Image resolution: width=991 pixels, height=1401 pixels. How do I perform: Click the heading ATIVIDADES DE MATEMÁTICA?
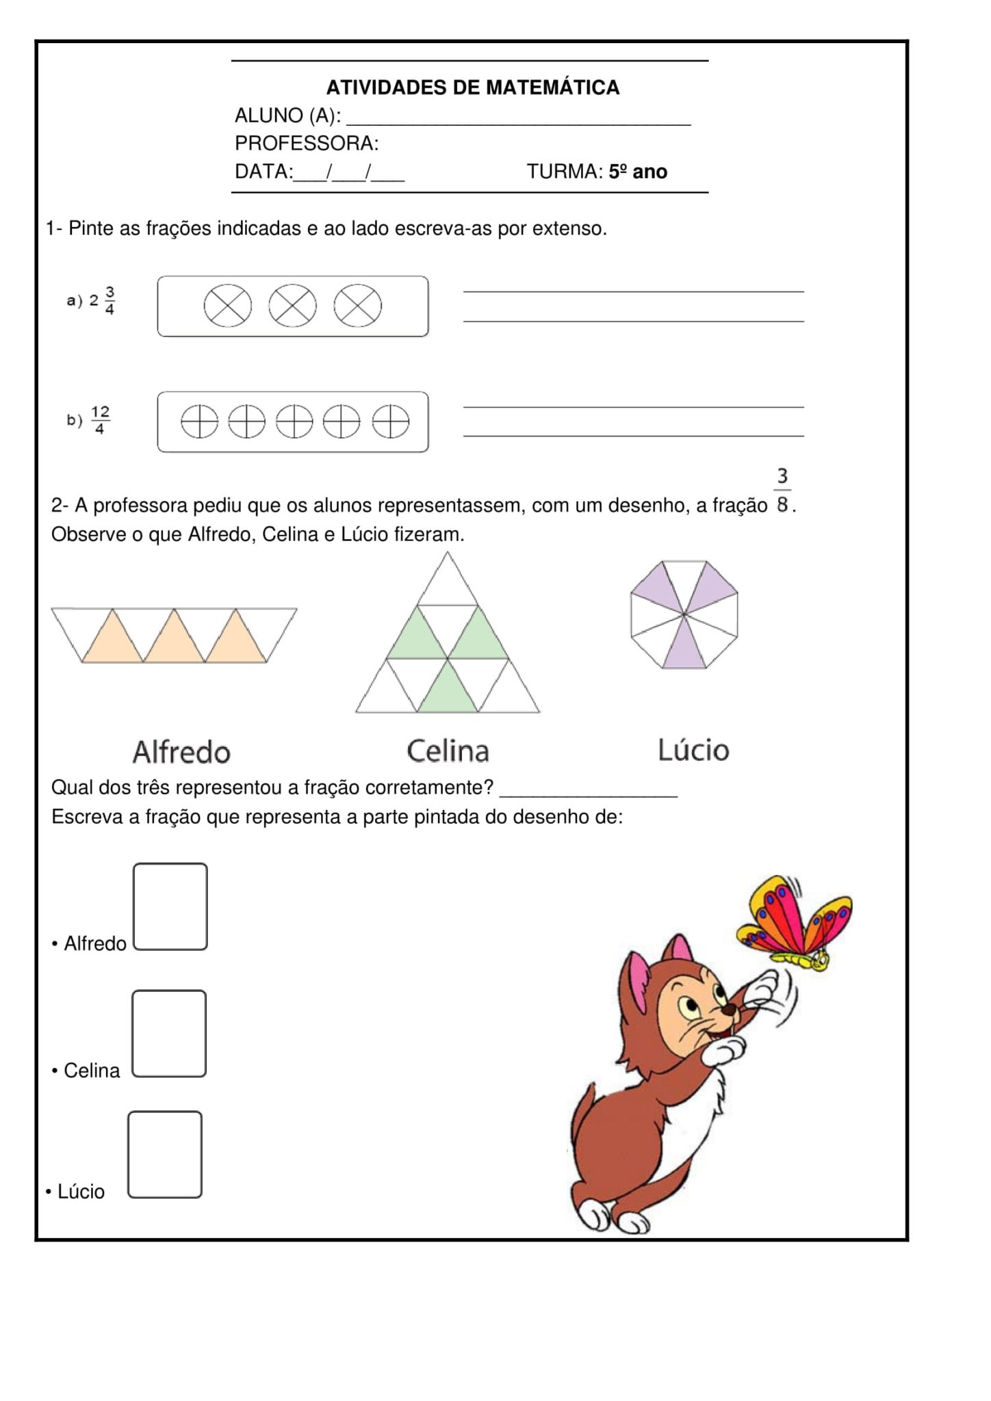tap(472, 88)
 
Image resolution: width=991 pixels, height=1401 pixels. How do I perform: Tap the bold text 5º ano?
tap(638, 172)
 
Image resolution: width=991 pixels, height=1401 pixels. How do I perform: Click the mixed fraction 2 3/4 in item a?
tap(101, 300)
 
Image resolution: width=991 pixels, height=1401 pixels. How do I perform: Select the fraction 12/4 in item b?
tap(100, 420)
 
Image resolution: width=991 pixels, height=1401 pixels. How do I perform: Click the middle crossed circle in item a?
tap(292, 306)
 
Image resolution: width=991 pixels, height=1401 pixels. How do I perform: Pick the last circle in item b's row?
tap(390, 421)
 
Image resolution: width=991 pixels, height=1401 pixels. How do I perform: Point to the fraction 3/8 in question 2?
tap(782, 490)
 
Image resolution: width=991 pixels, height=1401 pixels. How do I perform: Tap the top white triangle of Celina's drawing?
tap(448, 583)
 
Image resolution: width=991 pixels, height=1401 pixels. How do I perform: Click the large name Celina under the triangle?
tap(448, 751)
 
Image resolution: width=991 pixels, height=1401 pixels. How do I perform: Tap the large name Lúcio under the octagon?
tap(693, 750)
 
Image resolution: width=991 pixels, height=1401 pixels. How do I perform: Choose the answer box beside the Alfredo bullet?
tap(170, 906)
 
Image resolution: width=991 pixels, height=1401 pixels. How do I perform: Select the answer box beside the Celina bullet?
tap(169, 1033)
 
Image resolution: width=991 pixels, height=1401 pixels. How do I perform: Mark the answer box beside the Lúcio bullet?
tap(165, 1154)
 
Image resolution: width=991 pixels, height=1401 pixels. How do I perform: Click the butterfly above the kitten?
tap(794, 921)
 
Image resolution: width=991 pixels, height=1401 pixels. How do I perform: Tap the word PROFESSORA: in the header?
tap(307, 144)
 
